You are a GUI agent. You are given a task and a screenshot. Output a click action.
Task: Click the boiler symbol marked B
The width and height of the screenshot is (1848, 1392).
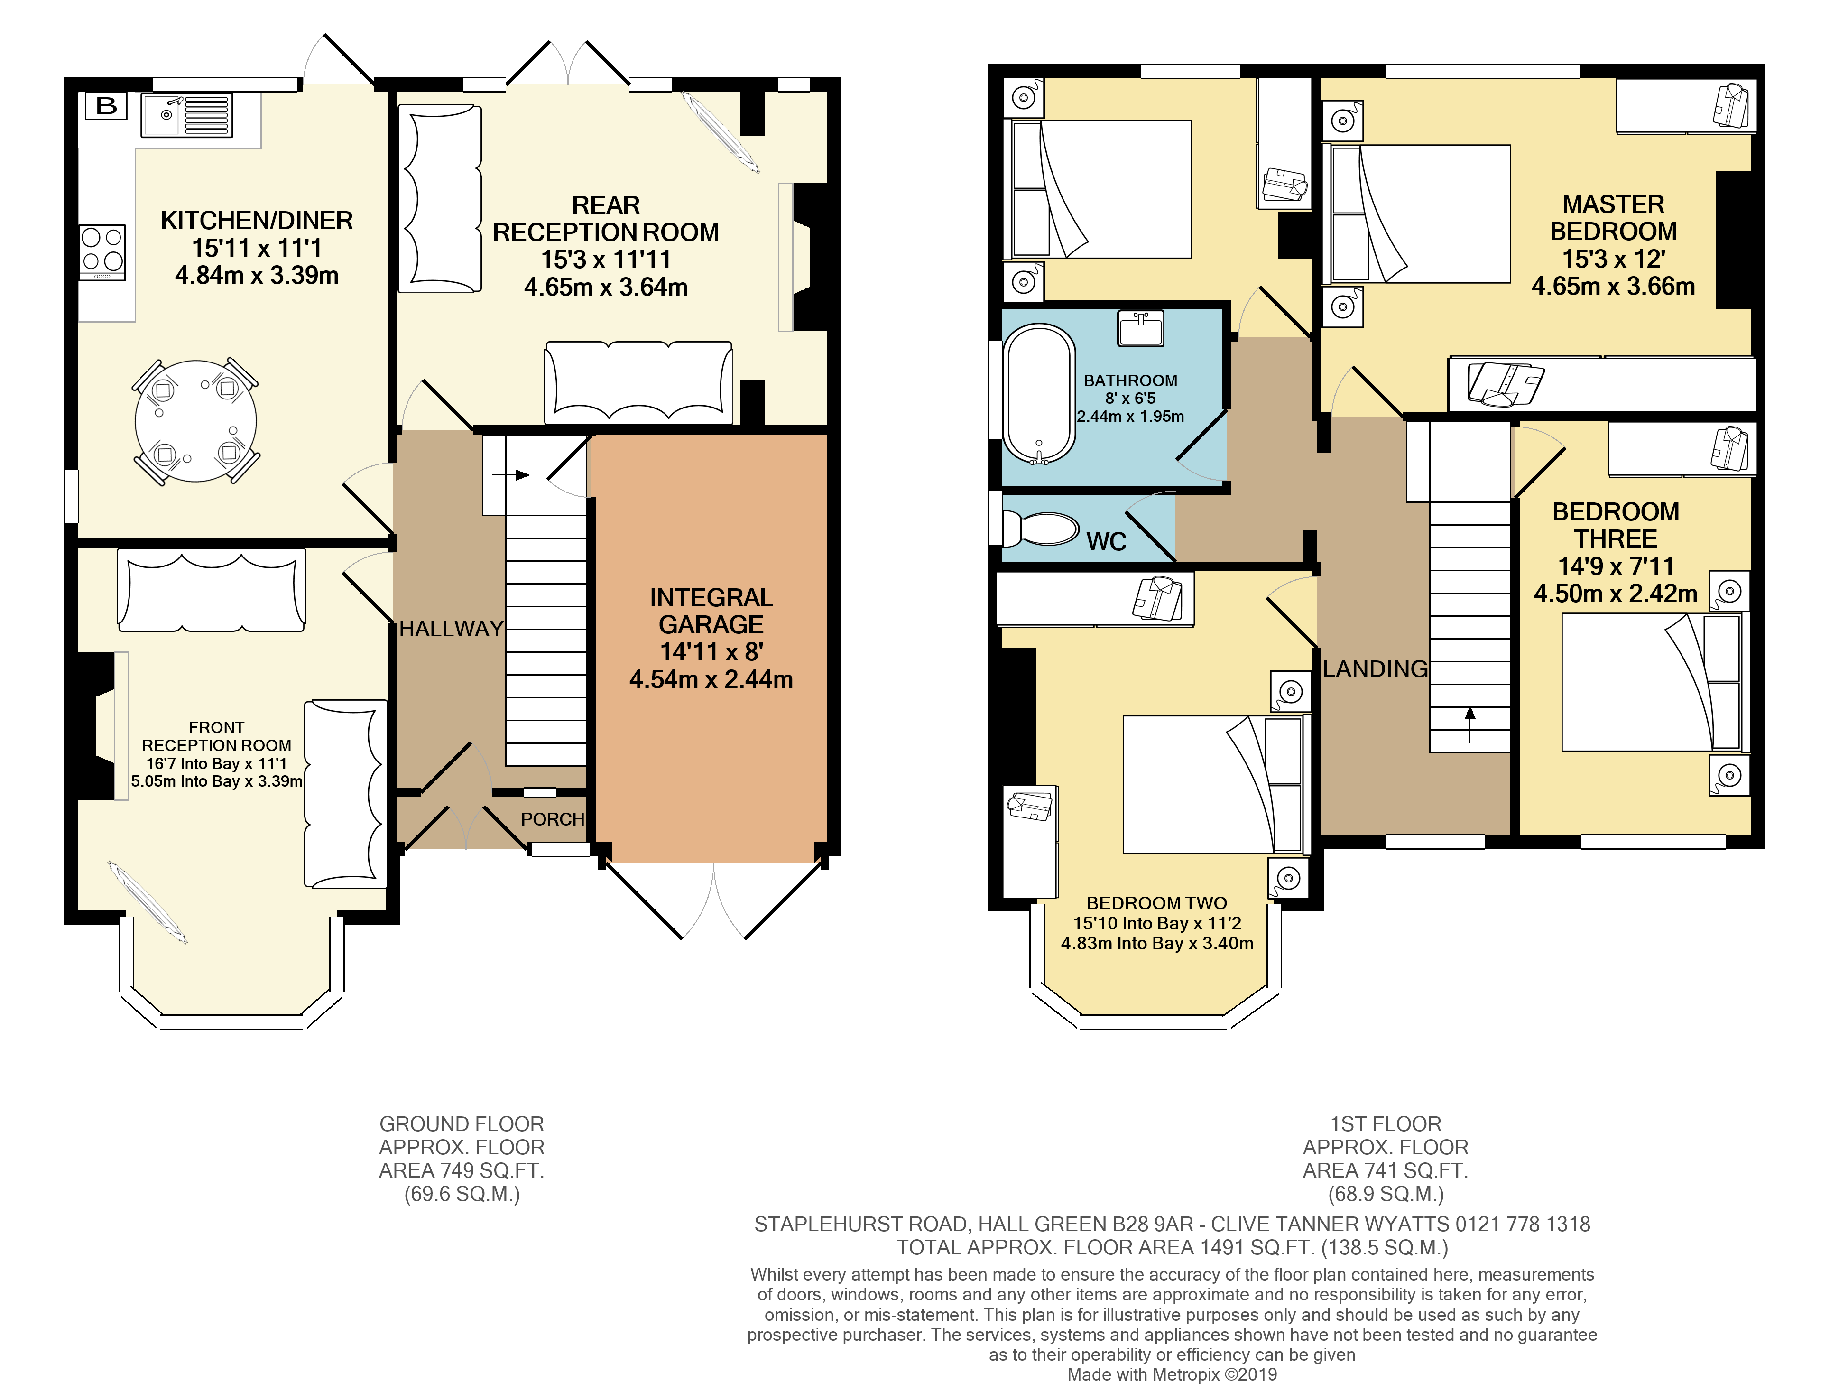[x=106, y=106]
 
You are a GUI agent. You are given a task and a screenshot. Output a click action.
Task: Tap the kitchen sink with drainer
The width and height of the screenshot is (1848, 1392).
[x=186, y=115]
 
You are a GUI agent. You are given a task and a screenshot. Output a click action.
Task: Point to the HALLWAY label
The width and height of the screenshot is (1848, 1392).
[x=451, y=629]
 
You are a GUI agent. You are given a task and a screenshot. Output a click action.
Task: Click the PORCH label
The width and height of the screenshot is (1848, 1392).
[x=552, y=820]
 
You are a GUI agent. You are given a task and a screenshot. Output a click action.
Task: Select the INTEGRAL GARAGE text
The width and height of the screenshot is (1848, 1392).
[x=711, y=611]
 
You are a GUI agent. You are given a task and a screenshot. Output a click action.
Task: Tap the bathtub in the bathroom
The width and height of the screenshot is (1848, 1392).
[x=1039, y=393]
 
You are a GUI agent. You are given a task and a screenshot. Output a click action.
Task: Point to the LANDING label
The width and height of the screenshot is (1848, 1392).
[x=1375, y=669]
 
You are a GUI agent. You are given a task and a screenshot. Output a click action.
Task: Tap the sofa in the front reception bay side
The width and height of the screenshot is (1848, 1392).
[x=345, y=794]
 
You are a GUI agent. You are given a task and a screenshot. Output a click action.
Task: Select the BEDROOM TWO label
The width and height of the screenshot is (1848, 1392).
[x=1156, y=903]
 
